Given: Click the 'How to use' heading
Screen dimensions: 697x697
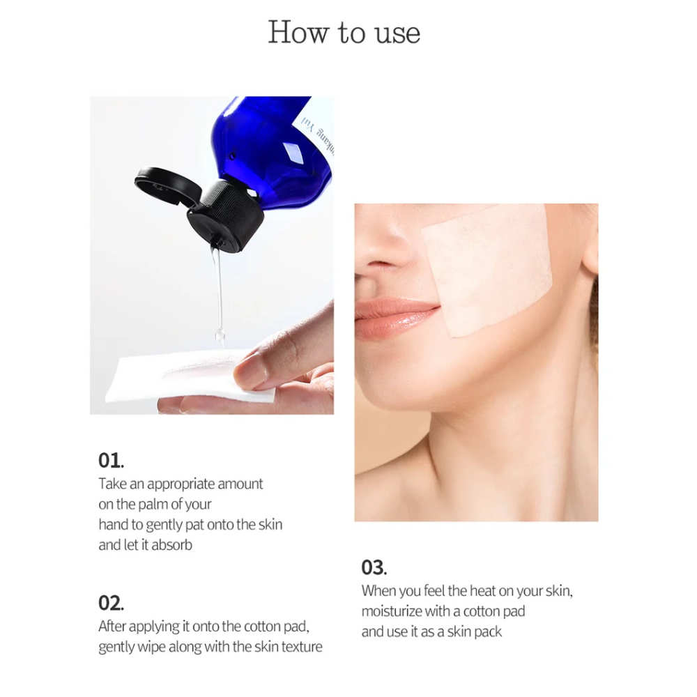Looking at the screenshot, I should pyautogui.click(x=344, y=33).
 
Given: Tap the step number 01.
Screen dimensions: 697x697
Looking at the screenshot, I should pyautogui.click(x=110, y=461).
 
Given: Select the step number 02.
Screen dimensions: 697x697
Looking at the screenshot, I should pyautogui.click(x=111, y=603).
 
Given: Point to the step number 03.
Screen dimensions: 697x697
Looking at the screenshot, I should pyautogui.click(x=374, y=567).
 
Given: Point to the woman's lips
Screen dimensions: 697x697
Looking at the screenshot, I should pyautogui.click(x=394, y=318).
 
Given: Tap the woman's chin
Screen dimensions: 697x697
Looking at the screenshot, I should pyautogui.click(x=397, y=397).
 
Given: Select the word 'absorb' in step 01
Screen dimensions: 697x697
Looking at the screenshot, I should pyautogui.click(x=171, y=545).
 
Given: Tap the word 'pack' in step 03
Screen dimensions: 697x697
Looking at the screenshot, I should pyautogui.click(x=487, y=632).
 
